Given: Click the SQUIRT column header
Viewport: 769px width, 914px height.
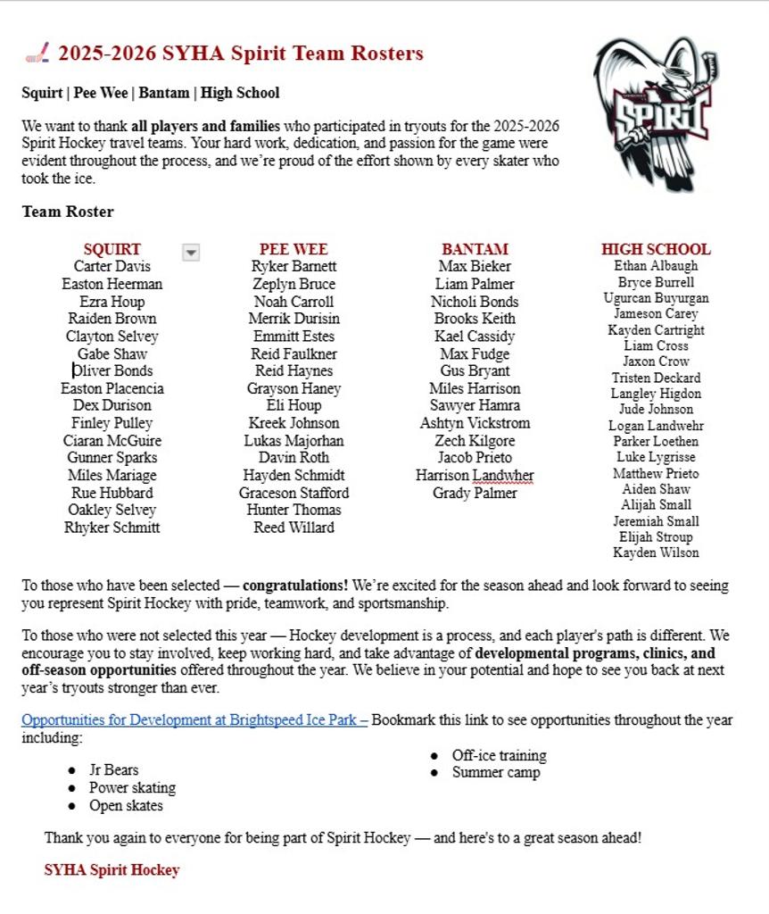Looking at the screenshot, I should [112, 249].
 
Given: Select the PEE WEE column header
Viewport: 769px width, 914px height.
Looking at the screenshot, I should [294, 249].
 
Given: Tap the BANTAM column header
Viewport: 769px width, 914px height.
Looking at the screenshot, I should [475, 249].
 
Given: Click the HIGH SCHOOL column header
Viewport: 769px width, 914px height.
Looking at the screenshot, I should [656, 249].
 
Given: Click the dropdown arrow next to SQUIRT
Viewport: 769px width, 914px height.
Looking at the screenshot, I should [190, 253].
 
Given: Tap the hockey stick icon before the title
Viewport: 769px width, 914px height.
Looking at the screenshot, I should [37, 54].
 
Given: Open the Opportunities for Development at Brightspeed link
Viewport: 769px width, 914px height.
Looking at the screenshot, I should [194, 719].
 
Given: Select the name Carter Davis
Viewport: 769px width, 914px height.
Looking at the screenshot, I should [112, 266].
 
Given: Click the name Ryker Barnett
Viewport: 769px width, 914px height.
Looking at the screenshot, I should [294, 266].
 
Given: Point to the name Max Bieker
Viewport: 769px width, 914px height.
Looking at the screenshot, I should [475, 266].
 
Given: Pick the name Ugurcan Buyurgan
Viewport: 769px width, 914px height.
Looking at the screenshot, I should [656, 298].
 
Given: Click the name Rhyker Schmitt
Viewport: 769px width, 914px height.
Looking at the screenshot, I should [112, 528].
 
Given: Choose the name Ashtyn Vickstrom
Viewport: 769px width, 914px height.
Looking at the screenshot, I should [475, 423].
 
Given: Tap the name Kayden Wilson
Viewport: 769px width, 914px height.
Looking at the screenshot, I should [656, 553].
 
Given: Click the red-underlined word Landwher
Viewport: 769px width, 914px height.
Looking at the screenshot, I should [503, 476].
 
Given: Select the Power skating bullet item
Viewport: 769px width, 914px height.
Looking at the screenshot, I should [132, 788].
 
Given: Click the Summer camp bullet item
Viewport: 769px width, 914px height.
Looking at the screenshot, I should [496, 773].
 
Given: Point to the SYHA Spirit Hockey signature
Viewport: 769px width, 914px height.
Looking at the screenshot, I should [112, 869].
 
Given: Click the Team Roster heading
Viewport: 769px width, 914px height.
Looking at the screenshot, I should [68, 212].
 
